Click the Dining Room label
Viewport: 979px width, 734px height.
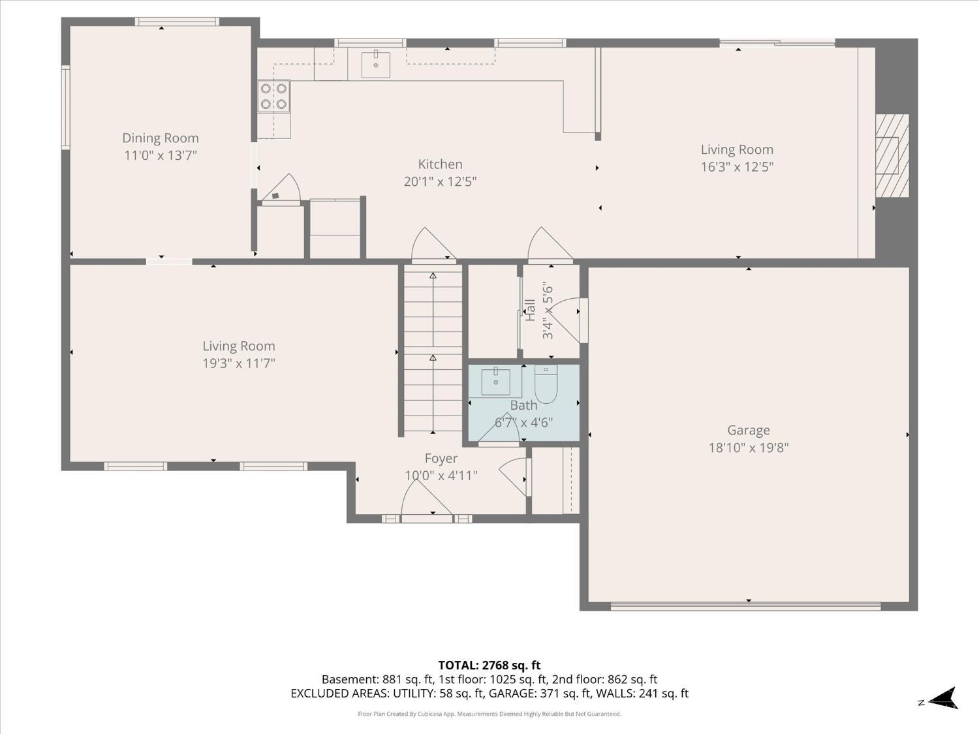(161, 138)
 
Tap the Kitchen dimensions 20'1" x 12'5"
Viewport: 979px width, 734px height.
(440, 182)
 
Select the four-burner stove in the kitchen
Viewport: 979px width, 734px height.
(274, 96)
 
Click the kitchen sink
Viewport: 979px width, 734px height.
(375, 65)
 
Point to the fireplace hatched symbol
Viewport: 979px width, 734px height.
(892, 155)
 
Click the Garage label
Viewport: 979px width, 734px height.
(749, 430)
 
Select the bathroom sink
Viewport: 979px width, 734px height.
(495, 382)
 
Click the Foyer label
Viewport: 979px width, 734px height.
(441, 458)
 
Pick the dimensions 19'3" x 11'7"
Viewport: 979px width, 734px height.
(239, 363)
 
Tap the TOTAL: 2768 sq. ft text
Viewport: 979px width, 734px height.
(489, 665)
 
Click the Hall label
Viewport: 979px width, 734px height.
(531, 310)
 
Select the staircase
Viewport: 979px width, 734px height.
(433, 348)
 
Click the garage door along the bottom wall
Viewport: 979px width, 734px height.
(746, 606)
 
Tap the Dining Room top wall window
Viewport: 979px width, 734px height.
(177, 22)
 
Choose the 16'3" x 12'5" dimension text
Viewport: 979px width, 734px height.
(737, 167)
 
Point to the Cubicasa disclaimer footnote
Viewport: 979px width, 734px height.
(489, 714)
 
